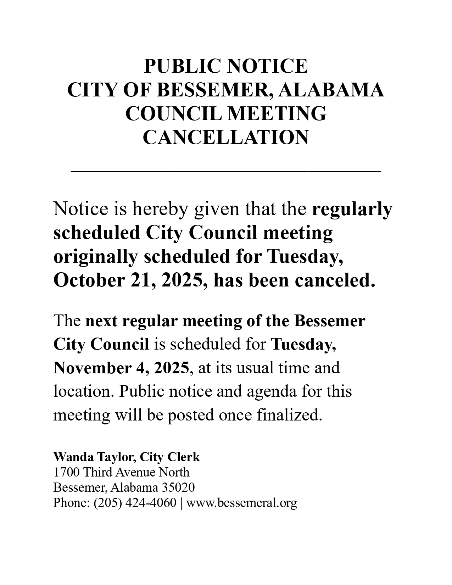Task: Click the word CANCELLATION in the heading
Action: click(x=226, y=138)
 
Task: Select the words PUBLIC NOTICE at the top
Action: click(x=226, y=66)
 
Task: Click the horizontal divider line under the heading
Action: click(x=226, y=172)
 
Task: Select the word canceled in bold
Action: click(x=335, y=280)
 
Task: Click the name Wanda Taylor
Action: click(x=94, y=457)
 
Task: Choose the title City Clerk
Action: click(x=170, y=457)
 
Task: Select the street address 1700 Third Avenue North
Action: click(x=121, y=472)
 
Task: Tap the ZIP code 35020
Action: click(x=178, y=487)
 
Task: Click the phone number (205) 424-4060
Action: click(x=135, y=503)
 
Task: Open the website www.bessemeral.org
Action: click(x=241, y=503)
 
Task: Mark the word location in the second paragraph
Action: click(x=83, y=391)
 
